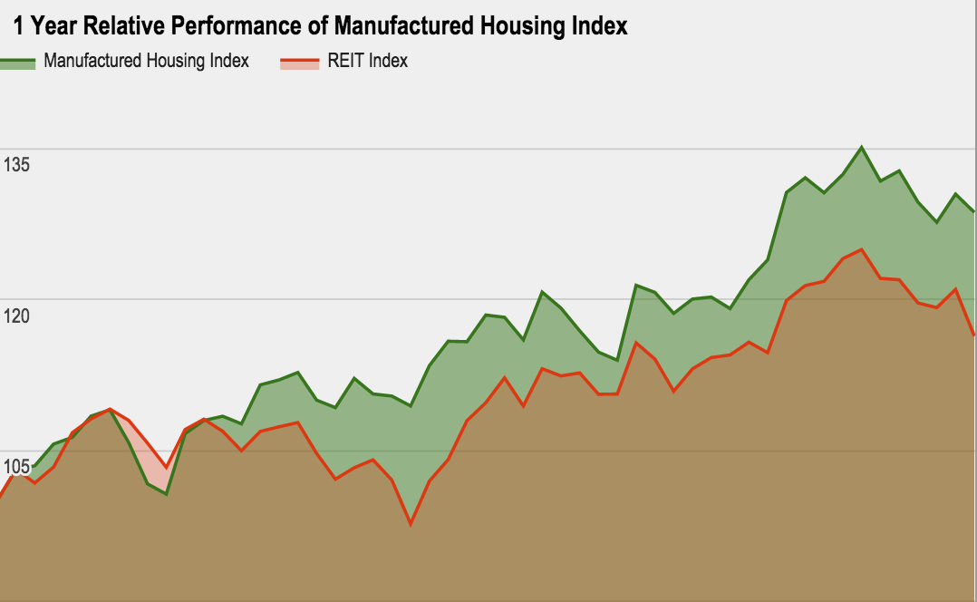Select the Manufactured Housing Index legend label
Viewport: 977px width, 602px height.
tap(146, 62)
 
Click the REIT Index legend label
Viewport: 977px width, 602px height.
tap(367, 62)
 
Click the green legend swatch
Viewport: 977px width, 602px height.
tap(18, 63)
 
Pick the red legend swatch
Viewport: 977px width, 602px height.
tap(299, 63)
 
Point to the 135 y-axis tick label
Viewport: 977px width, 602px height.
tap(16, 165)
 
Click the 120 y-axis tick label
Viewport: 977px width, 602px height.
tap(16, 316)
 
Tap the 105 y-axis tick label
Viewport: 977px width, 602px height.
tap(16, 466)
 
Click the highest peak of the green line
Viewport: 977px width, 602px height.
tap(861, 147)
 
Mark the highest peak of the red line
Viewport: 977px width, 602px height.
tap(861, 249)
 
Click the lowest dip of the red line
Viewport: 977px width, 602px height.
tap(411, 524)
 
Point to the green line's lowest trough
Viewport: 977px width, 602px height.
tap(166, 494)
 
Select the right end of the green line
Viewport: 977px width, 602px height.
tap(974, 212)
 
